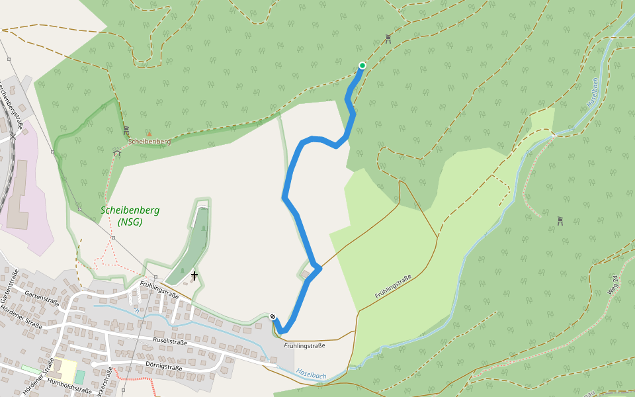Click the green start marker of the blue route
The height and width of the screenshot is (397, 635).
pos(362,65)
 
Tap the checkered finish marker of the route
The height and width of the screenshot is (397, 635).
pos(273,316)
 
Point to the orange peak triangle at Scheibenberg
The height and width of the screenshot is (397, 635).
pos(149,133)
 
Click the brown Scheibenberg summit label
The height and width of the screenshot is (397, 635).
pos(149,142)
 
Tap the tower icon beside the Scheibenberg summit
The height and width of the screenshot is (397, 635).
pos(126,130)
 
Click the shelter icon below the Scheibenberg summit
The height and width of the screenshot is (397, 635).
pos(117,153)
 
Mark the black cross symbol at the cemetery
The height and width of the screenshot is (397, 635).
pos(194,275)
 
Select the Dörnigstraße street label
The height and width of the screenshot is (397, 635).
pos(163,367)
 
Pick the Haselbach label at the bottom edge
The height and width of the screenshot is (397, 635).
pos(311,375)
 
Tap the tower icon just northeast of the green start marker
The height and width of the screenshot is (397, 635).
pos(388,39)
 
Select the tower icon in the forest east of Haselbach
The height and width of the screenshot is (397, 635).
pos(560,221)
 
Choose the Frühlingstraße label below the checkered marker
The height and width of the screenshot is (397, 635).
pos(304,345)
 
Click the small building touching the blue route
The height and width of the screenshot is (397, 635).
pos(305,274)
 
